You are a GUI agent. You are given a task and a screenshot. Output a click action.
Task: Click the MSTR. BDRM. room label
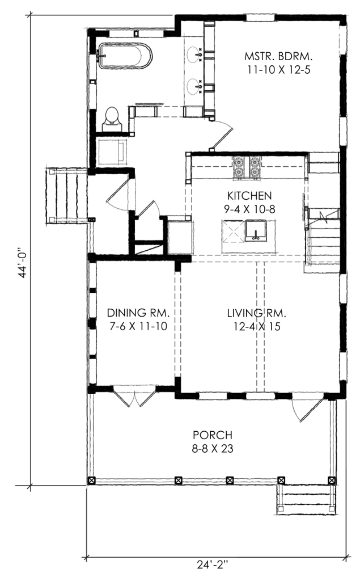tap(278, 57)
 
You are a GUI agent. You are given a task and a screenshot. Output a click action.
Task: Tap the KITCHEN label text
tap(249, 195)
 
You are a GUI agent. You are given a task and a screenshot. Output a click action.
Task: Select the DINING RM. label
tap(138, 313)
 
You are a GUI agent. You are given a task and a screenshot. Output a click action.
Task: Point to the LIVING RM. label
tap(257, 313)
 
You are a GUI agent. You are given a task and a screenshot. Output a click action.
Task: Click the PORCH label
tap(213, 435)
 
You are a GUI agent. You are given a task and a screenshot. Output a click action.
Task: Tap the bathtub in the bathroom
tap(125, 56)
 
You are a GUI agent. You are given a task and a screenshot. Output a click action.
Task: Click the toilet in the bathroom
tap(112, 119)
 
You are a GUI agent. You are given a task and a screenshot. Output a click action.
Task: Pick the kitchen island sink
tap(256, 230)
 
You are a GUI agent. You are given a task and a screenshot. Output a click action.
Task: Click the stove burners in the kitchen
tap(247, 168)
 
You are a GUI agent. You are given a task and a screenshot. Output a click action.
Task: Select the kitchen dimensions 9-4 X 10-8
tap(249, 209)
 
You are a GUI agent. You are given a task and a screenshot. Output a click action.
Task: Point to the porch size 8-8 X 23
tap(213, 449)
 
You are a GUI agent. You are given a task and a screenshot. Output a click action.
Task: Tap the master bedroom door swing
tap(222, 136)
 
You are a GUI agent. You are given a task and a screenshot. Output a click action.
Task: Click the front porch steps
tap(306, 499)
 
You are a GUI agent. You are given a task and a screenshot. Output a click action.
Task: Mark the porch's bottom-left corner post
tap(91, 481)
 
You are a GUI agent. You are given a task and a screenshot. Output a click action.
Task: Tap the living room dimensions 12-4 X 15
tap(257, 327)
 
